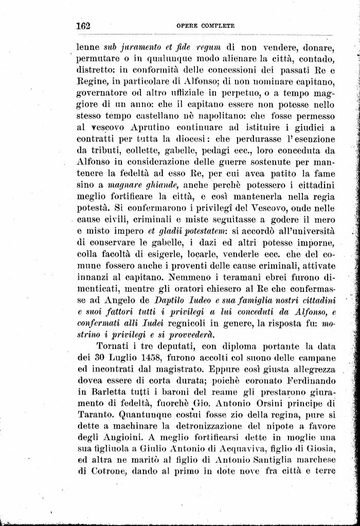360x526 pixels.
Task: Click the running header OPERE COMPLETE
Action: click(205, 25)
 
